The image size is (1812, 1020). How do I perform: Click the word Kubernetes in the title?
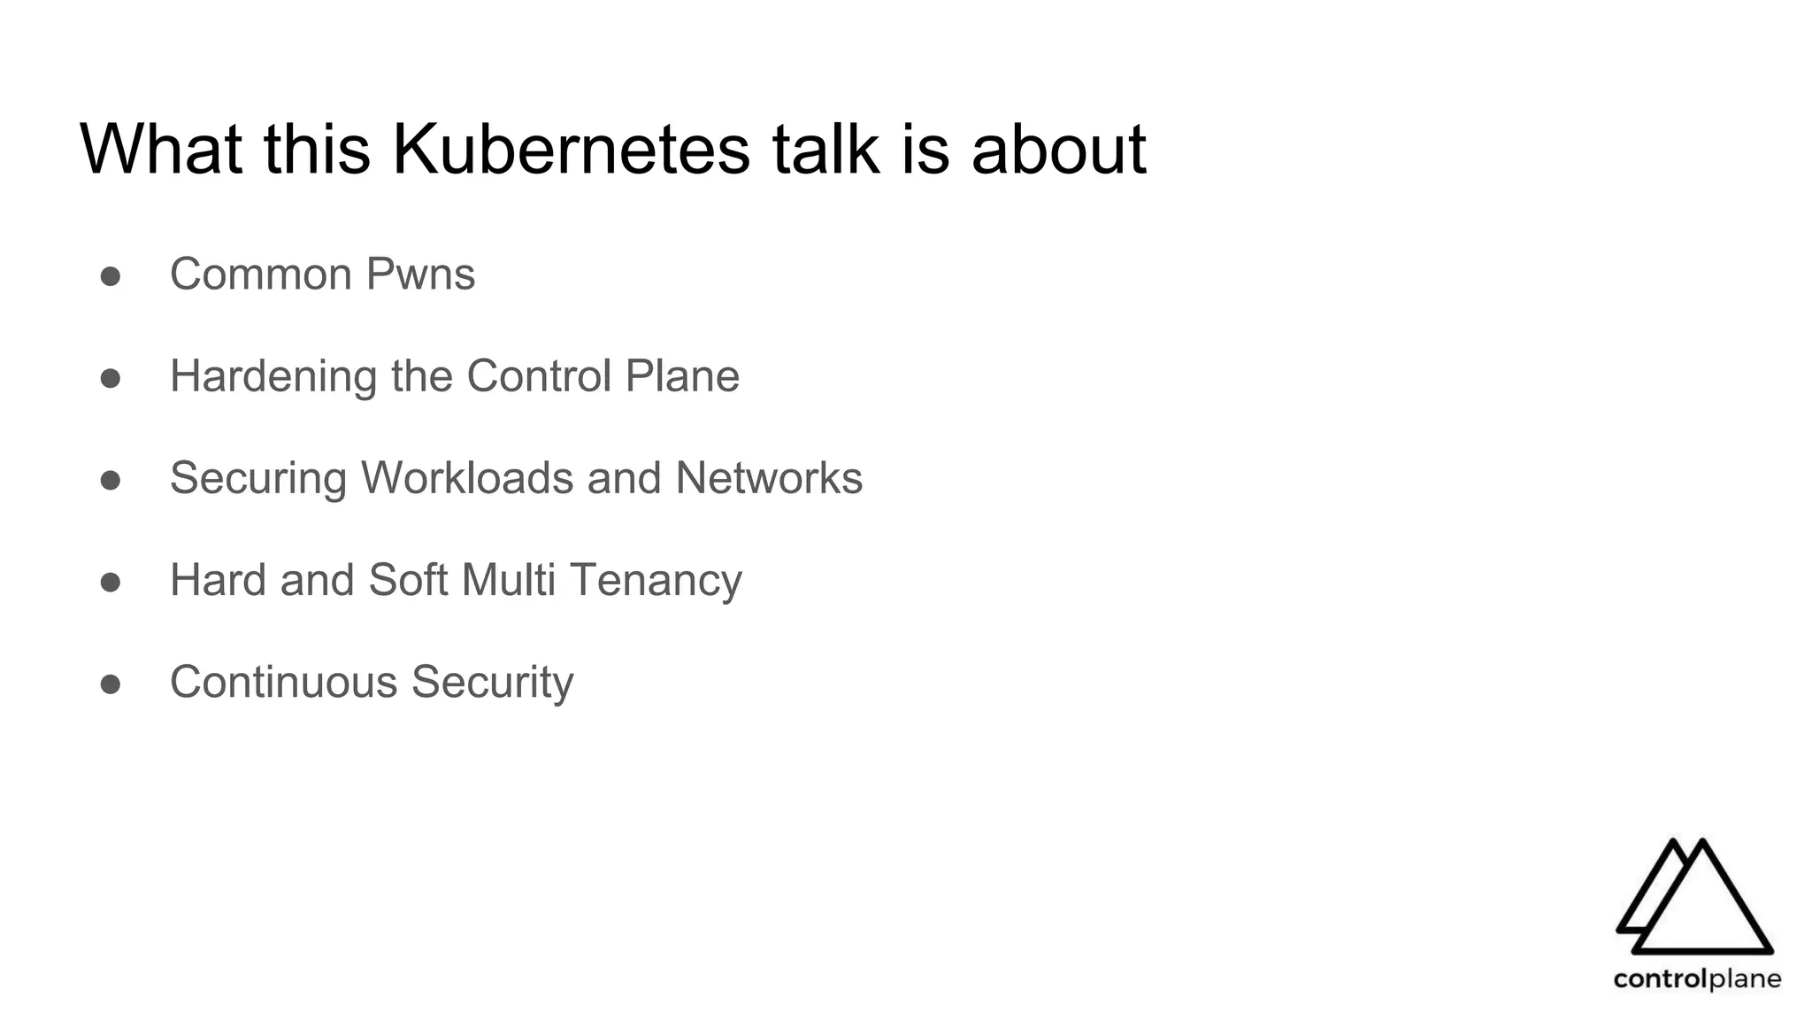click(571, 149)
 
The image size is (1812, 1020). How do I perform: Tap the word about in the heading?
click(1058, 149)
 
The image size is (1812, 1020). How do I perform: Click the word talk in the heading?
click(825, 149)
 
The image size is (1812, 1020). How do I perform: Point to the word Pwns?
click(420, 274)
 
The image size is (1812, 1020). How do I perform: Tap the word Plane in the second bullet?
click(682, 376)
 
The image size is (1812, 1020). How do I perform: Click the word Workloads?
click(467, 478)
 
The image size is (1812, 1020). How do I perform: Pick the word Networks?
click(769, 478)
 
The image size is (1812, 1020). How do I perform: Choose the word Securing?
click(258, 479)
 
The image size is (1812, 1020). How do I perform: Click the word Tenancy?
click(656, 581)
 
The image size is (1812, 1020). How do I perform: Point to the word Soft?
click(408, 581)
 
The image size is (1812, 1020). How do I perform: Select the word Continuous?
click(284, 683)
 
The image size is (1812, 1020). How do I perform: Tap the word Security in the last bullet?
click(492, 684)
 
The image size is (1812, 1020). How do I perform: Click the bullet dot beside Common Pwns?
click(111, 276)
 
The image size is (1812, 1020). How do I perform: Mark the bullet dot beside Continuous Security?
click(111, 684)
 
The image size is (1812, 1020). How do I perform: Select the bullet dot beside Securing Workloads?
click(111, 480)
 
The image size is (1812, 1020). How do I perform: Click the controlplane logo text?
click(1697, 979)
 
